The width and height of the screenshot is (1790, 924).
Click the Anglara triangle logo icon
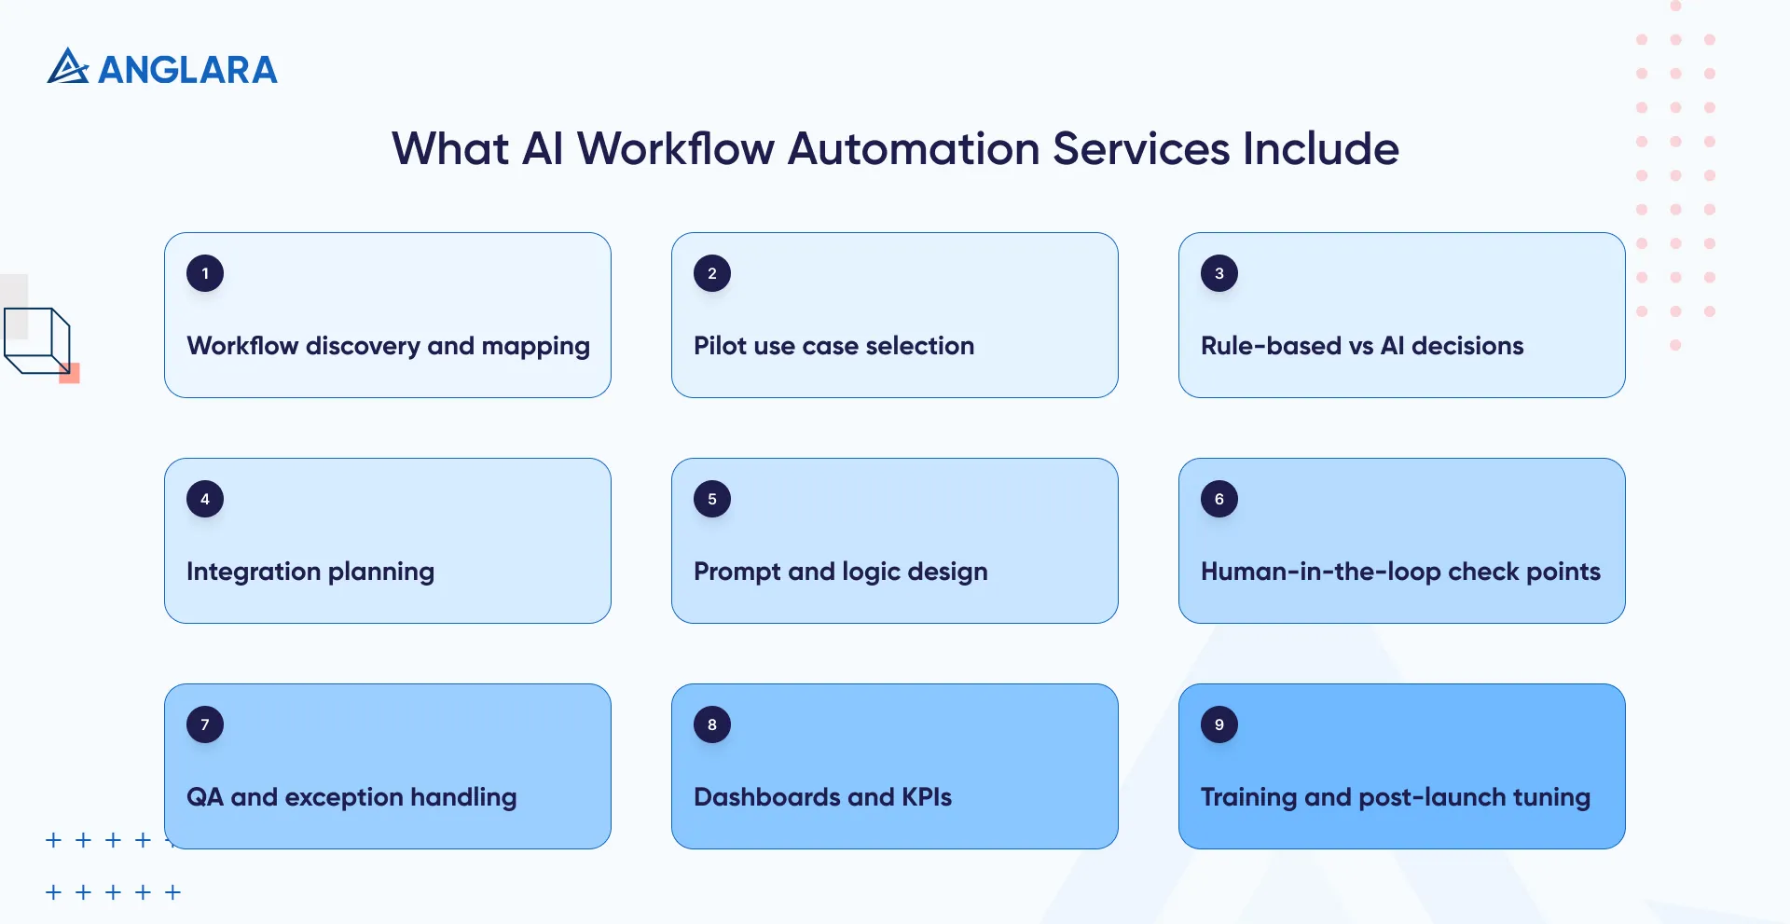pos(67,67)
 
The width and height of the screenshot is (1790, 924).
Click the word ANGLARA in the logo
pos(187,70)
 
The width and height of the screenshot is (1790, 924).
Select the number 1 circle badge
pos(205,273)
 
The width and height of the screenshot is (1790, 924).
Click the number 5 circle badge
pos(712,499)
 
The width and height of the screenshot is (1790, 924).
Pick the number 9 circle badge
pos(1219,724)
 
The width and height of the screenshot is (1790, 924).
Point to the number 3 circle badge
pos(1219,273)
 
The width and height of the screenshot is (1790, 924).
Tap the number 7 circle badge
pos(205,724)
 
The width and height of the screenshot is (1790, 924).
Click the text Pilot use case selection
pos(833,346)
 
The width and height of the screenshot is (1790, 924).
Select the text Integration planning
pos(310,572)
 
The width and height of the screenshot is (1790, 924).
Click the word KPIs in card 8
pos(926,797)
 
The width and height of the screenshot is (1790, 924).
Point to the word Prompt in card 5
pos(737,572)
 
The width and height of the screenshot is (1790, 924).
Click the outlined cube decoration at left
pos(37,340)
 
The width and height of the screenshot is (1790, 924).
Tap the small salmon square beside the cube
pos(70,374)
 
